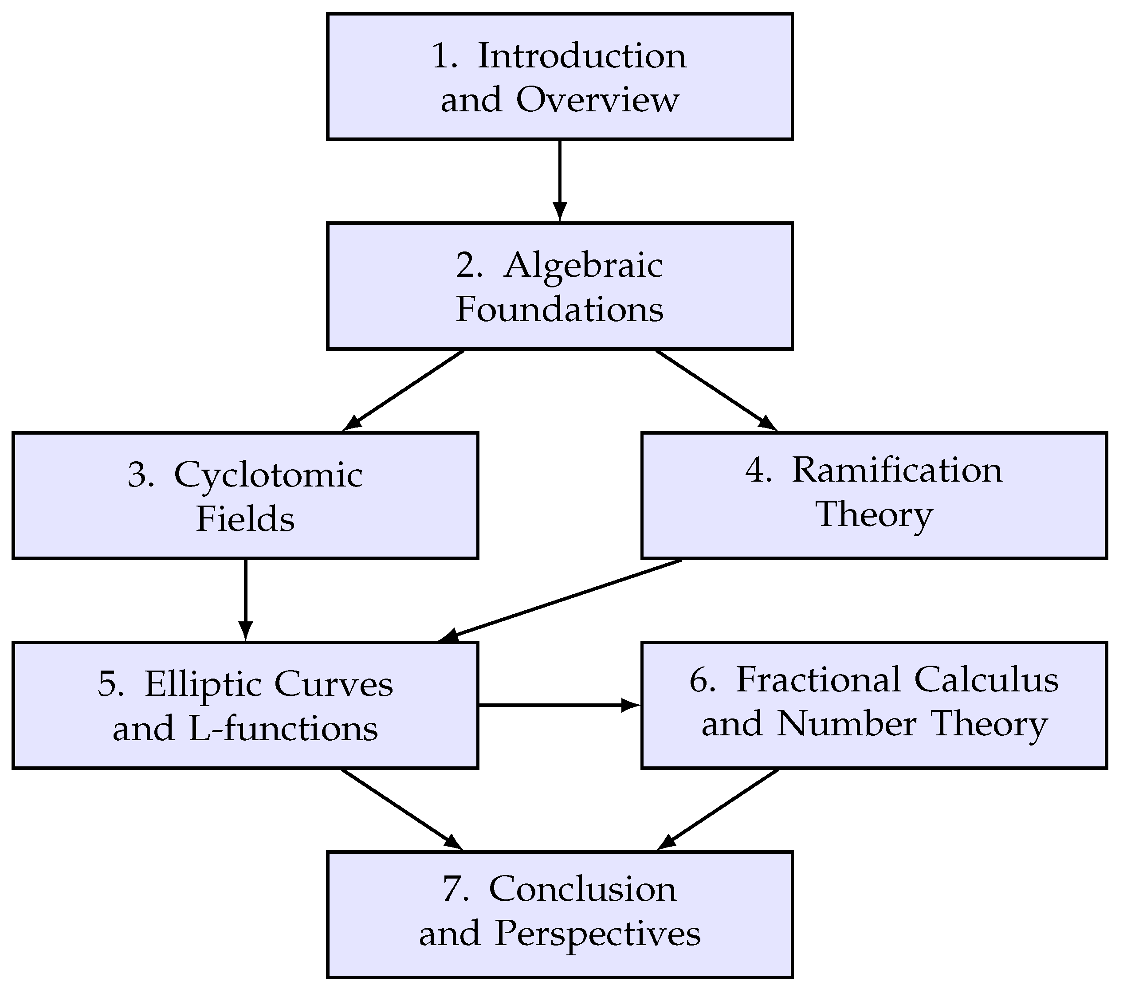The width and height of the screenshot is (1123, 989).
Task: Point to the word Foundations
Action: (559, 309)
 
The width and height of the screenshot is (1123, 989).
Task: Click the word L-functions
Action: (283, 729)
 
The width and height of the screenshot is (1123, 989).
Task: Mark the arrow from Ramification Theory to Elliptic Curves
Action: (561, 600)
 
